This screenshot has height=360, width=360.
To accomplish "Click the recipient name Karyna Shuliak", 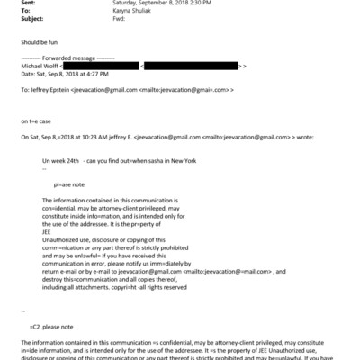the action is click(136, 11).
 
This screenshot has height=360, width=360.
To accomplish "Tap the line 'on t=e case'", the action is click(39, 119).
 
